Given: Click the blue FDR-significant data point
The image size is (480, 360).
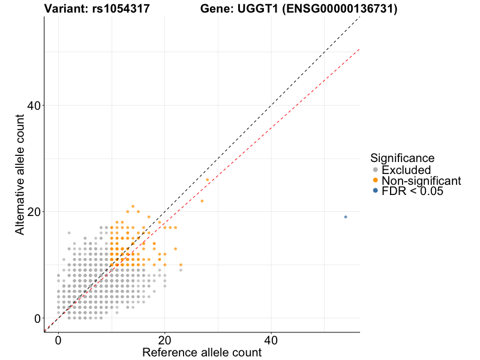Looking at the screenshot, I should point(346,217).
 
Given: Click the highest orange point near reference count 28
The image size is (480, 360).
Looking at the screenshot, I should point(208,179).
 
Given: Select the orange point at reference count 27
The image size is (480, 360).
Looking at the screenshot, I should point(202,200).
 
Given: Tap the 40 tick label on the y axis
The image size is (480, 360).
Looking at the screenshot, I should point(33,106).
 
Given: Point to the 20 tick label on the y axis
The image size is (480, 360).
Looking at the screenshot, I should point(33,212).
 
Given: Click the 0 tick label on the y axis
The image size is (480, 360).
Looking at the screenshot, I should point(37,318).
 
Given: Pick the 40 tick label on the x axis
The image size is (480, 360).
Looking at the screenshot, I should point(271,340).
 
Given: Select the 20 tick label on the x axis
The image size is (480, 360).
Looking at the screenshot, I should point(164,340).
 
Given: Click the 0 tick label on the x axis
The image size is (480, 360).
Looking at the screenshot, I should point(58,340).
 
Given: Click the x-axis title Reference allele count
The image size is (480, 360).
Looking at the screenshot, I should point(202,352).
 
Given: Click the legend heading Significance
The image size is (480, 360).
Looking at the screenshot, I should point(402,158).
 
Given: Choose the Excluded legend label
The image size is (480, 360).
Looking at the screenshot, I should point(406,170).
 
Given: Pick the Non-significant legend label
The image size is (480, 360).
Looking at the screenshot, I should point(421,180).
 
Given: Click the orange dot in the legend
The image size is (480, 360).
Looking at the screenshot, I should point(376,180).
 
